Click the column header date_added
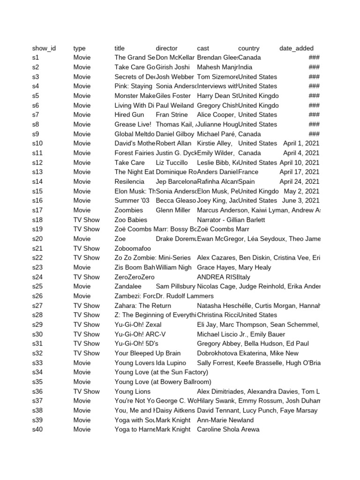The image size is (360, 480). coord(296,48)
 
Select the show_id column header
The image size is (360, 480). coord(44,48)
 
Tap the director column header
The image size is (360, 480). coord(166,48)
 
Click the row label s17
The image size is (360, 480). coord(37,210)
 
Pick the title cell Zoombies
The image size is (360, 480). coord(128,210)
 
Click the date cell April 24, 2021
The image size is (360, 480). coord(299,181)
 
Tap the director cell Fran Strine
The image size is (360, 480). coord(171,115)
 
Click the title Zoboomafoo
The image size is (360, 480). coord(133,248)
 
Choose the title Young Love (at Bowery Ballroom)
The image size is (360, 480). coord(163,382)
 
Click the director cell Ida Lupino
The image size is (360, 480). coord(171,363)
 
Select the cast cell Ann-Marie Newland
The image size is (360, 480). coord(225,420)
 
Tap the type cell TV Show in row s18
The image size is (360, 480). coord(86,220)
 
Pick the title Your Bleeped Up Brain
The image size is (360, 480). coord(147,353)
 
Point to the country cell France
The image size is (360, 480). coord(248,172)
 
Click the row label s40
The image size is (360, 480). coord(37,429)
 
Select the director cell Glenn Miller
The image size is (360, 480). coord(173,210)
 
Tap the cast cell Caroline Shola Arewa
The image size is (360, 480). coord(228,429)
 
